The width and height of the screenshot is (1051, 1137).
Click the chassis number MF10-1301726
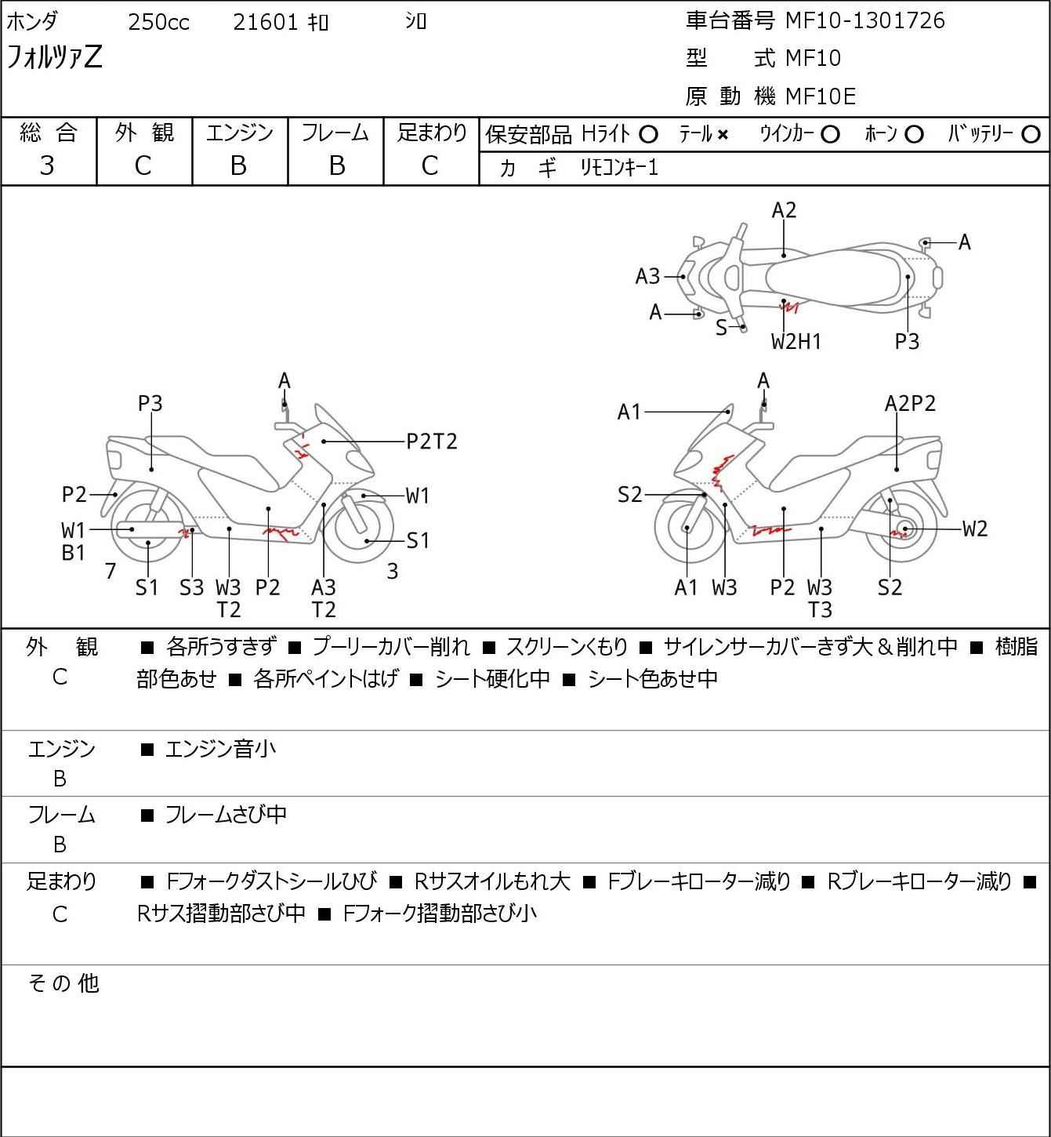tap(864, 20)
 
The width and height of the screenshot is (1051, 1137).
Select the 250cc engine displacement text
tap(158, 22)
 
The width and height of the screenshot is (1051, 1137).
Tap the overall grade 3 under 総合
tap(47, 166)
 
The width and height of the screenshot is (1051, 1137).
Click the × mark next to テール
tap(723, 135)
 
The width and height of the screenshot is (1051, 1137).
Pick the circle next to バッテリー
tap(1031, 135)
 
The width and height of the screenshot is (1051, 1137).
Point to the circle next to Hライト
tap(648, 135)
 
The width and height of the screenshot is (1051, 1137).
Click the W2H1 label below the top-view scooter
tap(795, 342)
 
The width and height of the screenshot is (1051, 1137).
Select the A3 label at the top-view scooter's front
tap(647, 277)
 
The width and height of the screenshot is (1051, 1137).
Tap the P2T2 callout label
tap(432, 441)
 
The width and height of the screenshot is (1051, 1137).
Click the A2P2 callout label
tap(910, 404)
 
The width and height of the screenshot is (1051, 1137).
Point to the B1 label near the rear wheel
tap(73, 553)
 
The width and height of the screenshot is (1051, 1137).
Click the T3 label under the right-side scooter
tap(820, 610)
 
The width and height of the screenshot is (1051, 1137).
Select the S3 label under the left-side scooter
tap(191, 587)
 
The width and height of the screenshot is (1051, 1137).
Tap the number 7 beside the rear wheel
tap(111, 571)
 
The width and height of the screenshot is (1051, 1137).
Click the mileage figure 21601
tap(266, 22)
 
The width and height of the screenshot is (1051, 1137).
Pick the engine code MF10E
tap(821, 96)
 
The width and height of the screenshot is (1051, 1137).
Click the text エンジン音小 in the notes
tap(220, 749)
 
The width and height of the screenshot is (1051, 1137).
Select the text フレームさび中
tap(226, 815)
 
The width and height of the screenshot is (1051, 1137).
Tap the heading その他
tap(63, 983)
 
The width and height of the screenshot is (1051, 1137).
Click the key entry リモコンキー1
tap(619, 168)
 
